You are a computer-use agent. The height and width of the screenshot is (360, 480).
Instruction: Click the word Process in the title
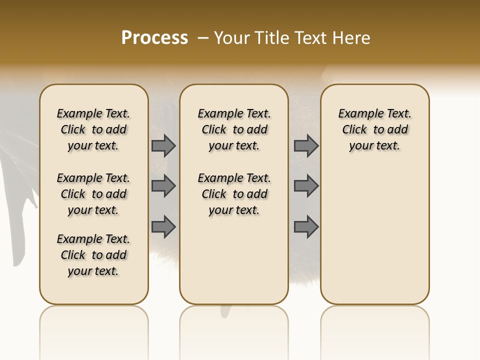154,38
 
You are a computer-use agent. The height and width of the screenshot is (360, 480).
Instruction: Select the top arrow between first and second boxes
163,145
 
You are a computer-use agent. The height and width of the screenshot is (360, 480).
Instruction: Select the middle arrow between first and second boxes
163,186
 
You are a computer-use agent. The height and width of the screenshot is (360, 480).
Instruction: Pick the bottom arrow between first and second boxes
163,226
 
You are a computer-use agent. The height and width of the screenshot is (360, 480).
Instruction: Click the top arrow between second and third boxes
306,145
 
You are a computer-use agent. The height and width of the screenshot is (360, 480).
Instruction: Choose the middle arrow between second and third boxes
306,186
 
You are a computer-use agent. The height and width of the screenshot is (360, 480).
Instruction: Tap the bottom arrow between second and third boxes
306,226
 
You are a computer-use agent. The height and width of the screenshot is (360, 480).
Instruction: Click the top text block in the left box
93,129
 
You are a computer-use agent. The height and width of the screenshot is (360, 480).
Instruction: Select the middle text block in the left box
93,194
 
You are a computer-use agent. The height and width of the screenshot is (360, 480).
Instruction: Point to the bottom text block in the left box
93,255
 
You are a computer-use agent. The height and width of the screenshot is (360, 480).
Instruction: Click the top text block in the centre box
234,129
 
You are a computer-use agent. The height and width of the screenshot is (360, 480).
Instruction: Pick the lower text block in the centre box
234,194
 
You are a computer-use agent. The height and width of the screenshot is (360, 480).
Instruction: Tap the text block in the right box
374,129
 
